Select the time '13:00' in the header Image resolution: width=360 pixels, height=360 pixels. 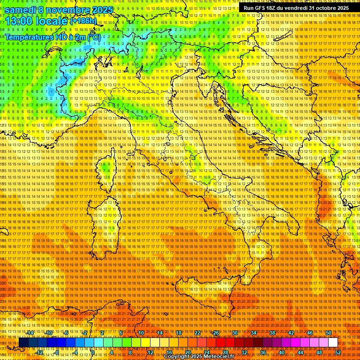(18, 21)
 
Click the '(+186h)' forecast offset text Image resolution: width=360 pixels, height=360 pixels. (83, 21)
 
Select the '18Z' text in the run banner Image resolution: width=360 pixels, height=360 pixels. (271, 8)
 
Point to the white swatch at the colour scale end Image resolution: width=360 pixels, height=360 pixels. (333, 343)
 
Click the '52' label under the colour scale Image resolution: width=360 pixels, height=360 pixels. (337, 352)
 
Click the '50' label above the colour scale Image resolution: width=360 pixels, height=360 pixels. (328, 333)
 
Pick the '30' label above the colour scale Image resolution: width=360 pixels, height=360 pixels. (234, 333)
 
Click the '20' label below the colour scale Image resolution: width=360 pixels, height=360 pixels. (187, 352)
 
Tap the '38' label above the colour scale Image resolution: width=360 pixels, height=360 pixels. (272, 333)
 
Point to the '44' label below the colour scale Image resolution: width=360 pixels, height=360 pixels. (300, 352)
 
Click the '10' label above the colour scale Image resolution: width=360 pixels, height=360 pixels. (141, 333)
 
